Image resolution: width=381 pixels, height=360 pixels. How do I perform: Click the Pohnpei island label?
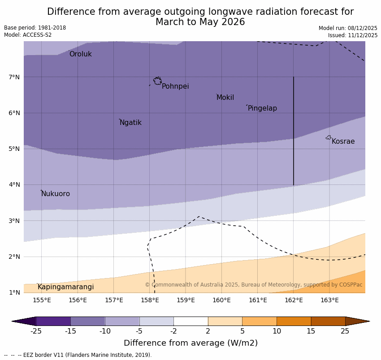point(175,86)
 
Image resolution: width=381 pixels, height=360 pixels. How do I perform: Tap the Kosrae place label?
point(343,141)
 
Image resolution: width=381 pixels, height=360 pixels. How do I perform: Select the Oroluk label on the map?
point(80,54)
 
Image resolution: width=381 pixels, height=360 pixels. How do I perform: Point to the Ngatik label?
point(130,123)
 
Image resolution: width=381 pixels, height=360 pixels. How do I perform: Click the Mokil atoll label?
point(225,98)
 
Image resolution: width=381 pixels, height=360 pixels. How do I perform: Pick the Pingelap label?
point(262,108)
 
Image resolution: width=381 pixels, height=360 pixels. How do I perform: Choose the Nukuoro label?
point(56,194)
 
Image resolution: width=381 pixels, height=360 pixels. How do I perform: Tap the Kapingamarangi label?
point(65,287)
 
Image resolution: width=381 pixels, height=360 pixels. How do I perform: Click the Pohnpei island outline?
point(157,81)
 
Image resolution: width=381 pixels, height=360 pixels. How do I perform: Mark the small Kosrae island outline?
point(329,137)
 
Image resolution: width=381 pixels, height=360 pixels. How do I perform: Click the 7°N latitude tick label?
point(14,77)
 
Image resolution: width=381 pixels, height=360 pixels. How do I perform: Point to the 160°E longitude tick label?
point(221,300)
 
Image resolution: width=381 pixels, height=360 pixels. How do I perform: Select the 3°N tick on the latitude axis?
point(14,221)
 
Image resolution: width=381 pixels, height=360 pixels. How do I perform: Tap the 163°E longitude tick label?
point(329,300)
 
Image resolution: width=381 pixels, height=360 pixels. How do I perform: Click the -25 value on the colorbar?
point(36,331)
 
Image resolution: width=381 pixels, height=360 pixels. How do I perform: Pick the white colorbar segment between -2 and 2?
point(190,321)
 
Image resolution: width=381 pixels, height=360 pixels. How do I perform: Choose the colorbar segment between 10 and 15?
point(294,321)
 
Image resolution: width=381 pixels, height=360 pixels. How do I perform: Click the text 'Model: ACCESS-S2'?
point(28,35)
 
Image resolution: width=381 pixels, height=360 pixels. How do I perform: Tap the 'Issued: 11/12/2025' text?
point(352,35)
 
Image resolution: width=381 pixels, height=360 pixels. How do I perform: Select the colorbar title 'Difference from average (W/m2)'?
point(190,343)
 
